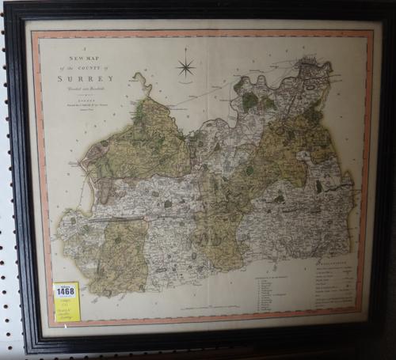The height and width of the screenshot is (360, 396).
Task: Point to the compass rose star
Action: point(186,66)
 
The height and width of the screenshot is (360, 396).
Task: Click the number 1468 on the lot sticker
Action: point(66,291)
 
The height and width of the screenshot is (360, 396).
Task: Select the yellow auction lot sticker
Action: point(67,301)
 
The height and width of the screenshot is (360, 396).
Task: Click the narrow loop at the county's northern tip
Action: point(143,82)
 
